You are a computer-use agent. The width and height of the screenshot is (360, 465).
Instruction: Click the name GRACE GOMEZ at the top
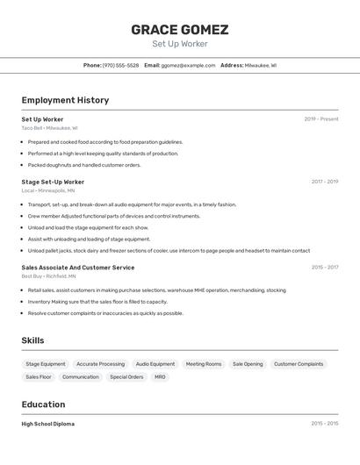(180, 29)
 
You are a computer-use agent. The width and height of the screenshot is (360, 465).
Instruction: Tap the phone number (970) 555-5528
(120, 65)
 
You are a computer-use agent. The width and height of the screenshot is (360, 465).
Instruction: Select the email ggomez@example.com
(188, 65)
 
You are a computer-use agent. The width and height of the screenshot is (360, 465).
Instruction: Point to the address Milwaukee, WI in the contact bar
(260, 65)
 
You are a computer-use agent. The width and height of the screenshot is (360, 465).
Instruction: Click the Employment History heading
(65, 100)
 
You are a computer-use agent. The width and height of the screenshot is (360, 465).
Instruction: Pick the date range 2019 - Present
(321, 118)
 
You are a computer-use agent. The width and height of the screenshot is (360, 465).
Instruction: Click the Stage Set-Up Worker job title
(53, 182)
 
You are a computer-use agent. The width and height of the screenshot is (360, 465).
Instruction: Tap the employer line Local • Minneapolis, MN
(48, 190)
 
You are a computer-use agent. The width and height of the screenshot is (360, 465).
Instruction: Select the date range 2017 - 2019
(324, 182)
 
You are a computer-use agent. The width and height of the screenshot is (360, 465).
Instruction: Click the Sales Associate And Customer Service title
(78, 267)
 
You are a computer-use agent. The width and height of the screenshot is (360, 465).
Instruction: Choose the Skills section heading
(32, 340)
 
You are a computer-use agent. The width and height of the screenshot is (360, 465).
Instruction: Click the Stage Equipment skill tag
(46, 364)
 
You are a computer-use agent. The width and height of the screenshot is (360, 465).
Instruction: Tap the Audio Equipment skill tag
(155, 364)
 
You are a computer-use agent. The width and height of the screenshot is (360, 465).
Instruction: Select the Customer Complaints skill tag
(299, 364)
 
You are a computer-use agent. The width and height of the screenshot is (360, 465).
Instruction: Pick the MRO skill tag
(160, 377)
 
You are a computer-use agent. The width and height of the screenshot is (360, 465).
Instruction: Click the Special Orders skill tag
(126, 377)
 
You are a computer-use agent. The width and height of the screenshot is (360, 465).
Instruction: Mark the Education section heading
(43, 404)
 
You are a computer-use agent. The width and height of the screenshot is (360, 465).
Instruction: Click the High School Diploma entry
(48, 424)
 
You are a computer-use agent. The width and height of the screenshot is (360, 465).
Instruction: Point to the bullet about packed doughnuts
(84, 165)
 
